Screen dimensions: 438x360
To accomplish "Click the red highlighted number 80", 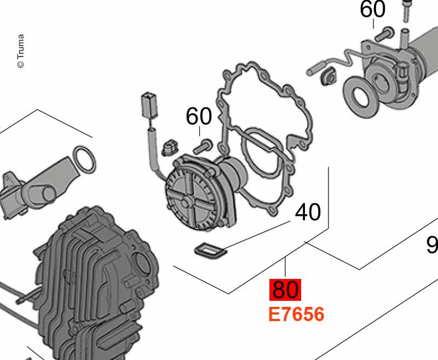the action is pyautogui.click(x=285, y=289).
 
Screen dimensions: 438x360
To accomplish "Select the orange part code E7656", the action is pyautogui.click(x=296, y=314).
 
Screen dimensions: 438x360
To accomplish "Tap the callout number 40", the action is pyautogui.click(x=308, y=212).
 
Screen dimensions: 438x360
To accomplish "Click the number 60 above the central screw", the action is pyautogui.click(x=199, y=116).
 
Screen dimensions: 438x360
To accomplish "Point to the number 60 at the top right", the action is pyautogui.click(x=373, y=9).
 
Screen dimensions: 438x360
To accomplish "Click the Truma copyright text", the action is pyautogui.click(x=20, y=51).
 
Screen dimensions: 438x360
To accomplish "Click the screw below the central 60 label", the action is pyautogui.click(x=203, y=146).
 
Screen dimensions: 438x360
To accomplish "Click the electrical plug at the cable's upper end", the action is pyautogui.click(x=149, y=106).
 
